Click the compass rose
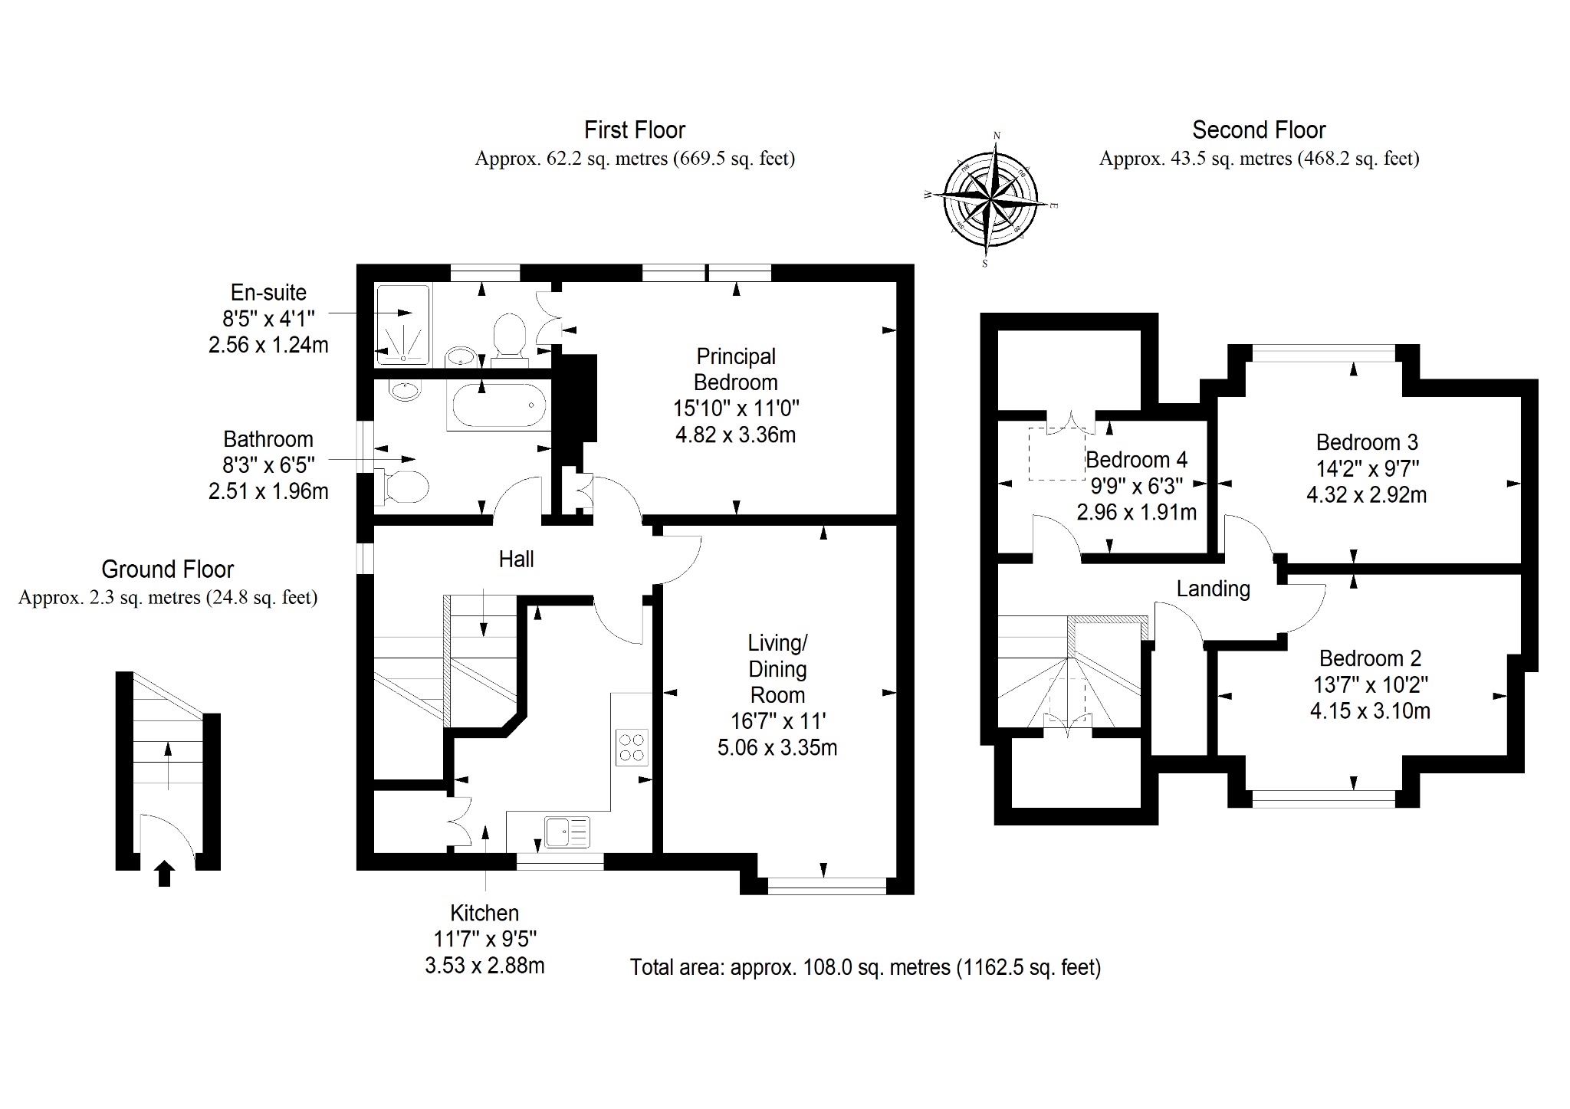(x=990, y=200)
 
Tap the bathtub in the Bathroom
(x=499, y=406)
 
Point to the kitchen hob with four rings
(x=632, y=747)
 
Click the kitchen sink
(x=567, y=832)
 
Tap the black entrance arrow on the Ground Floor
(x=164, y=874)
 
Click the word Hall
(x=516, y=559)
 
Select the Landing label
(x=1213, y=589)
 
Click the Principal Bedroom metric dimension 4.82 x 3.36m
(x=735, y=435)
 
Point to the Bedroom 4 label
(x=1136, y=460)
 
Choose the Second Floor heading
(x=1259, y=130)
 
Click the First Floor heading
(x=635, y=130)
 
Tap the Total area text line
(x=865, y=967)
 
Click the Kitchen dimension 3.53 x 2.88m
(x=484, y=965)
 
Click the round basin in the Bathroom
(x=405, y=391)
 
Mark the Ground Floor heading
(x=167, y=569)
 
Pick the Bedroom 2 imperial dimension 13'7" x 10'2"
(x=1370, y=684)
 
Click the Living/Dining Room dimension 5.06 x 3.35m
(x=777, y=747)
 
